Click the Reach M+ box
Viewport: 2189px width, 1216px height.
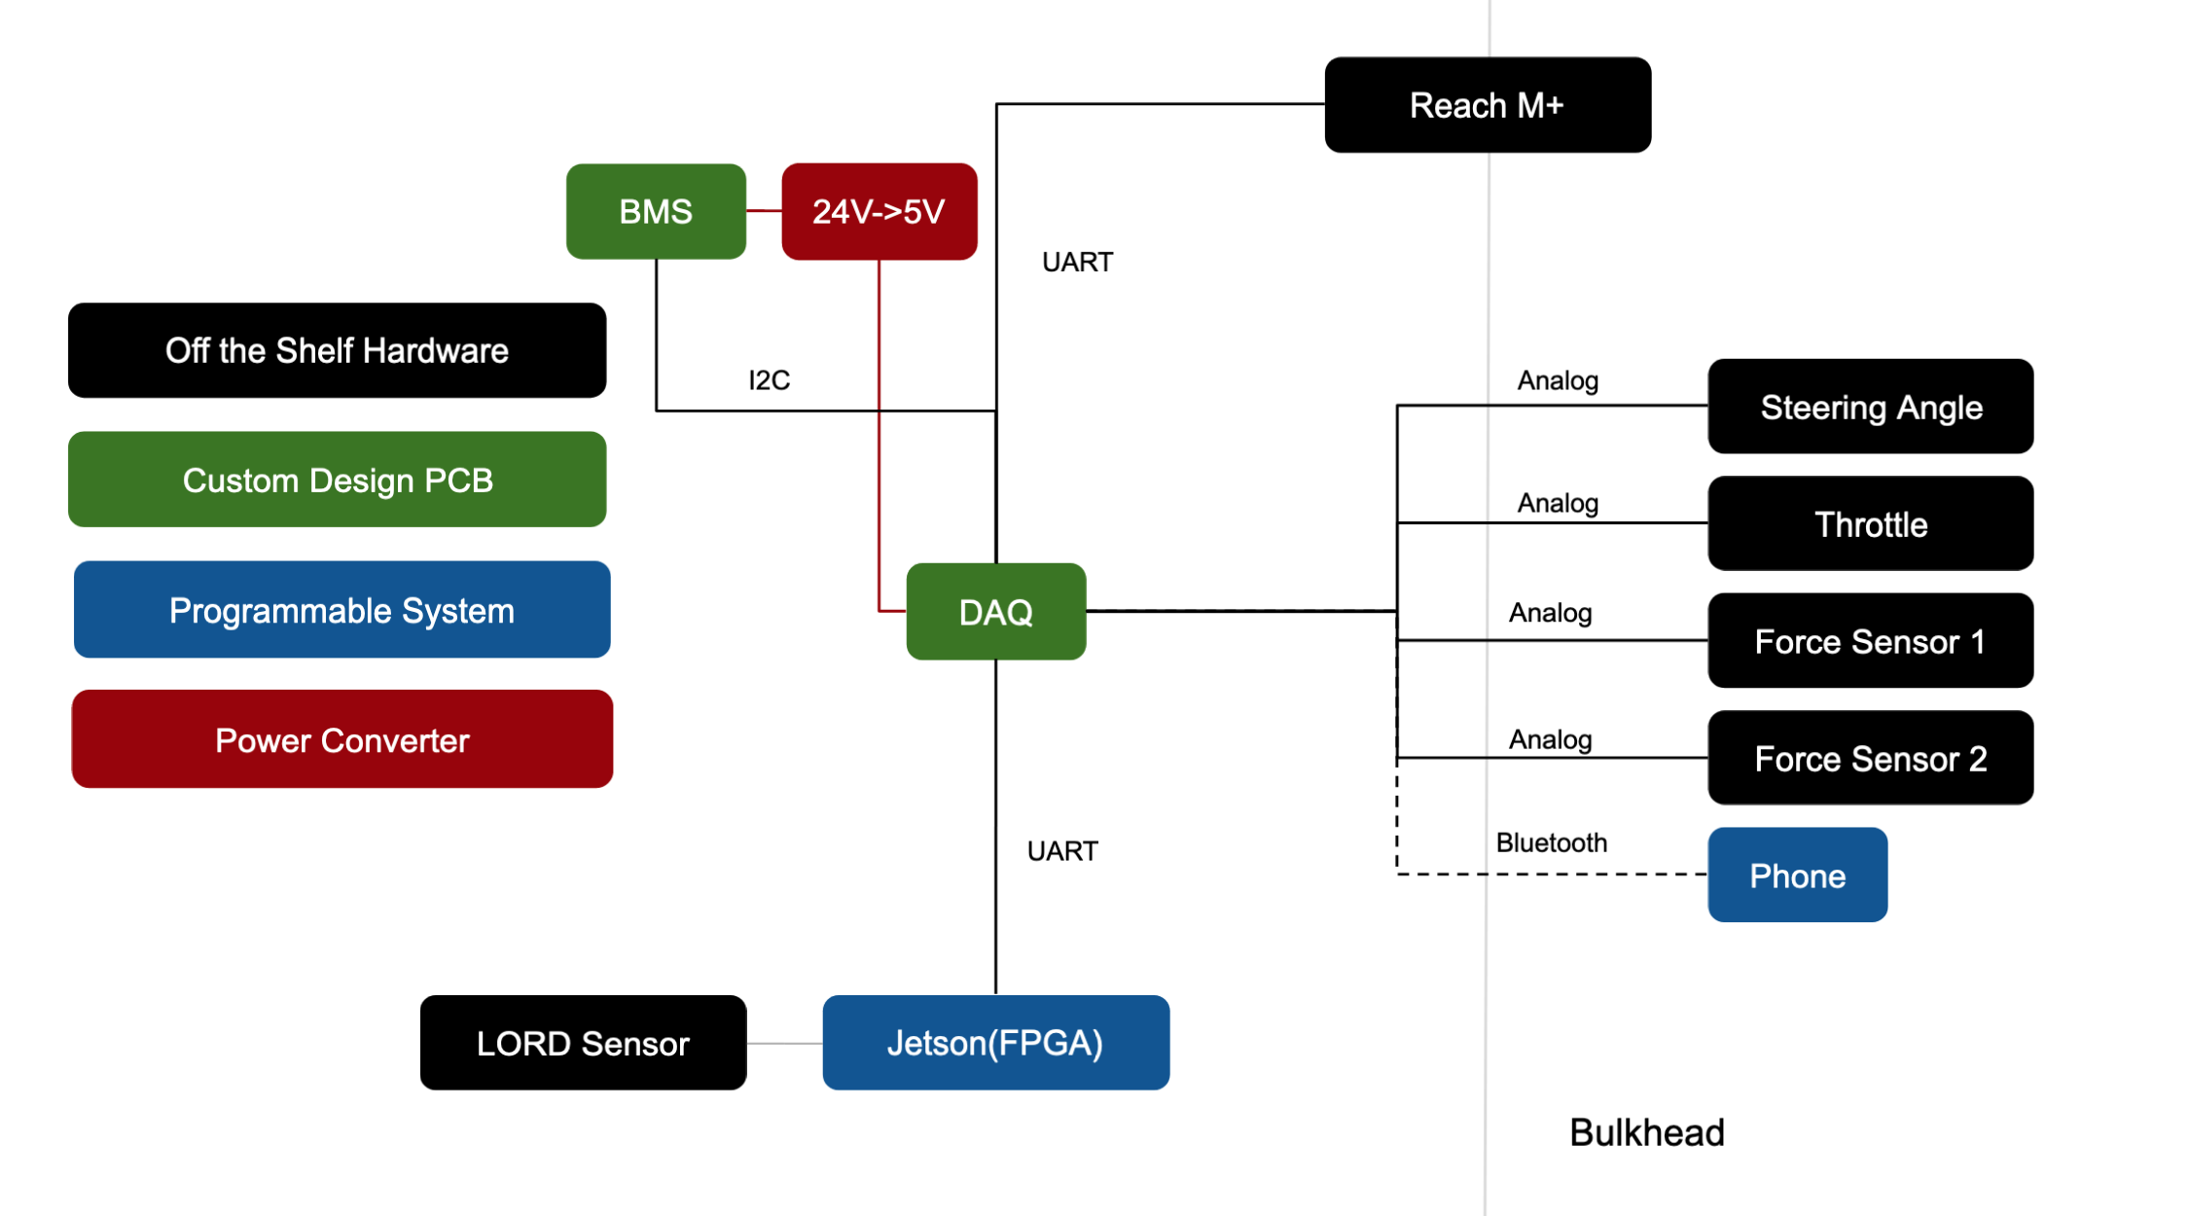pyautogui.click(x=1488, y=105)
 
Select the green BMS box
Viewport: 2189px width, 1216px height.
pyautogui.click(x=656, y=211)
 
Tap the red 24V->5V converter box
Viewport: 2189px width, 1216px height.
pyautogui.click(x=879, y=211)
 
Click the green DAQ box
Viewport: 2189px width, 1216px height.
pyautogui.click(x=996, y=612)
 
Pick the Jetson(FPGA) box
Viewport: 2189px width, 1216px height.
pyautogui.click(x=996, y=1043)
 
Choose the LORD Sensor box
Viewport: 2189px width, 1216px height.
pyautogui.click(x=583, y=1043)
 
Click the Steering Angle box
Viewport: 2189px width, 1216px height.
pyautogui.click(x=1871, y=407)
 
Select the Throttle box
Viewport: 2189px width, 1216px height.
pyautogui.click(x=1871, y=523)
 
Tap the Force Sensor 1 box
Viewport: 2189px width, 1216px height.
pyautogui.click(x=1871, y=641)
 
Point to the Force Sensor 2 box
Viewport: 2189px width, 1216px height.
pyautogui.click(x=1871, y=758)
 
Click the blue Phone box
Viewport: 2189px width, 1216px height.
pyautogui.click(x=1798, y=875)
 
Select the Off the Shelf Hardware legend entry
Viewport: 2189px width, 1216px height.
pyautogui.click(x=337, y=350)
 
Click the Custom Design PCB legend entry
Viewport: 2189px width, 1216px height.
pyautogui.click(x=337, y=480)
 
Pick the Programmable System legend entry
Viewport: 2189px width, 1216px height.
pyautogui.click(x=342, y=610)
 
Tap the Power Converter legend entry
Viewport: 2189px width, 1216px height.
pyautogui.click(x=342, y=739)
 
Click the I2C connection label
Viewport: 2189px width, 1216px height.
pyautogui.click(x=769, y=380)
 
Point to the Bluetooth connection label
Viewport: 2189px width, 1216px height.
pyautogui.click(x=1552, y=842)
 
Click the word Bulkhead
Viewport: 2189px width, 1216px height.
pyautogui.click(x=1647, y=1132)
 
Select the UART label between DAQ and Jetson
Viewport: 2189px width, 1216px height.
pyautogui.click(x=1062, y=851)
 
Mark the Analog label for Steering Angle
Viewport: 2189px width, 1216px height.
pyautogui.click(x=1558, y=381)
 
